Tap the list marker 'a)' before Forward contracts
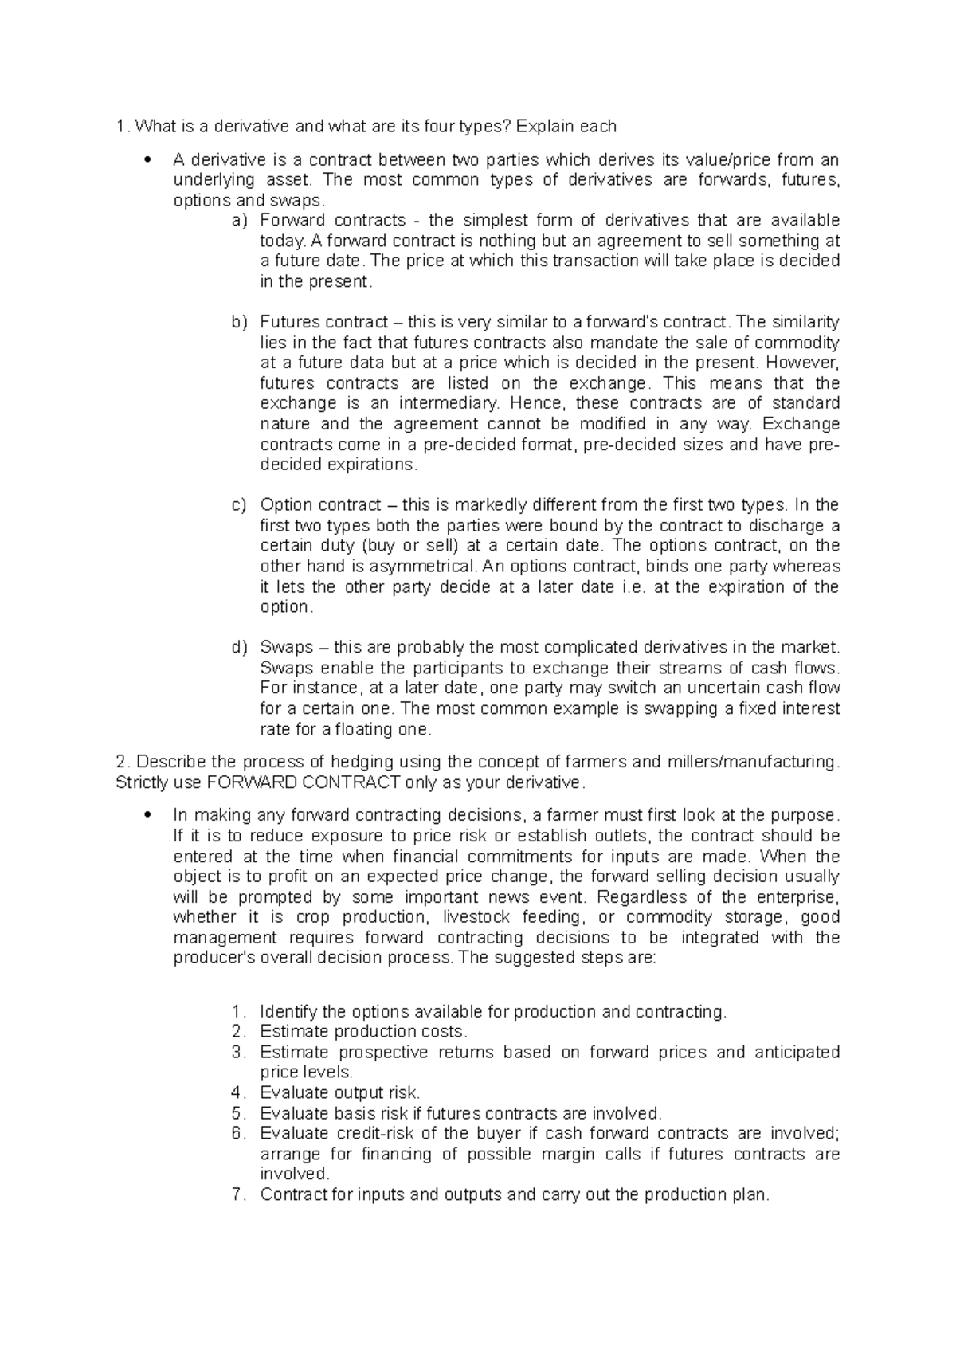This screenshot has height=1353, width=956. click(239, 221)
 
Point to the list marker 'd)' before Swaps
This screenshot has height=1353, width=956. click(239, 647)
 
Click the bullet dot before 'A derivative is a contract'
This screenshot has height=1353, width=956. click(147, 160)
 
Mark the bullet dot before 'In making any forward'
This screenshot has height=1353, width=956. click(147, 816)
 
